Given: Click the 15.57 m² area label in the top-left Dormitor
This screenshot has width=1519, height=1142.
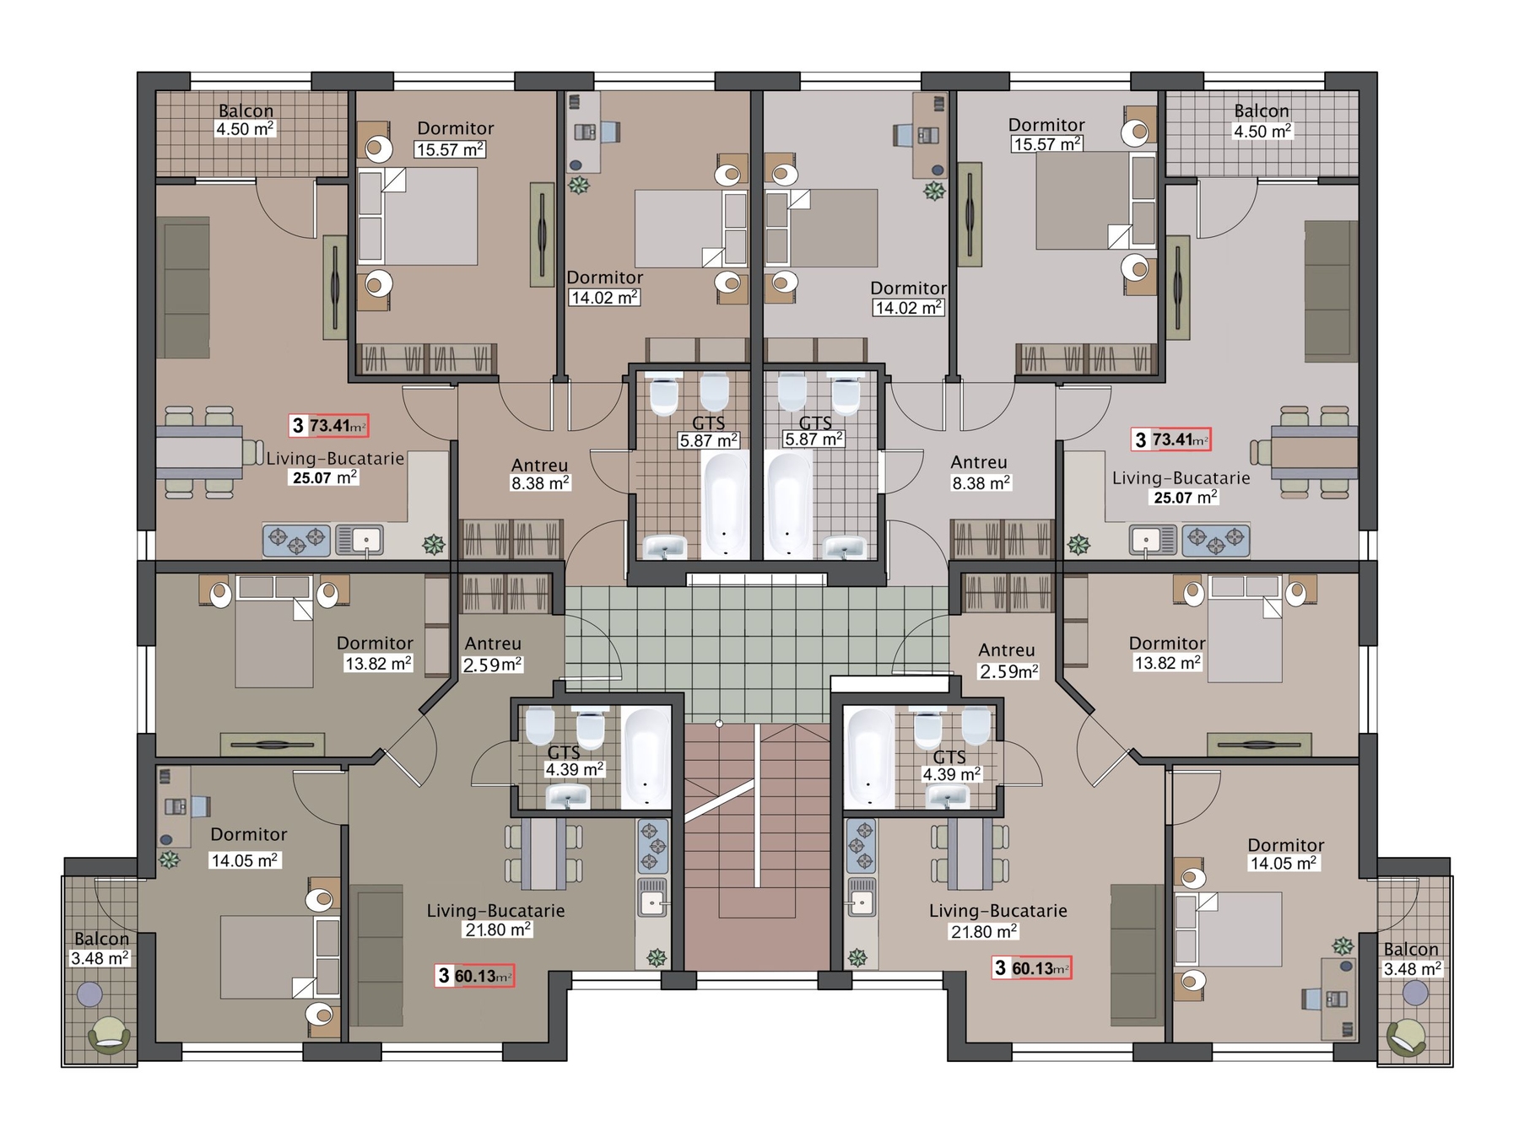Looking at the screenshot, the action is tap(450, 149).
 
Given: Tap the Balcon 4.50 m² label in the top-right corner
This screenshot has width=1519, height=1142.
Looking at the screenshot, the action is tap(1262, 121).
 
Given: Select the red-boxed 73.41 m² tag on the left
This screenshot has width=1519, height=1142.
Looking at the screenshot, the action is tap(328, 425).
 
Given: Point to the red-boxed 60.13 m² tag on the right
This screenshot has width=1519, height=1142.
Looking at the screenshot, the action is tap(1031, 967).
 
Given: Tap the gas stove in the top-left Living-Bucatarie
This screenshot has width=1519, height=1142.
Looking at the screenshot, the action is tap(296, 540).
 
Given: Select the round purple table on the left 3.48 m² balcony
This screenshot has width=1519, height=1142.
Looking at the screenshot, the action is tap(89, 994).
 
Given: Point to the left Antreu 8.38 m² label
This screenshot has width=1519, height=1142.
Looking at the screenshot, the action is tap(540, 474).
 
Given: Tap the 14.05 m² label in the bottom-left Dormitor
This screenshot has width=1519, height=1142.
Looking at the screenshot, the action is tap(245, 860).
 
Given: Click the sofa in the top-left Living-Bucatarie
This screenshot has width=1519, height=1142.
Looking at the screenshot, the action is tap(183, 288).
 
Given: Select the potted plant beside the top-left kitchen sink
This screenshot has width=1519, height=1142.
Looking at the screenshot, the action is tap(434, 544).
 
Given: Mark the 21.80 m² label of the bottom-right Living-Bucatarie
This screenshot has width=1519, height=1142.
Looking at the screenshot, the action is tap(983, 931).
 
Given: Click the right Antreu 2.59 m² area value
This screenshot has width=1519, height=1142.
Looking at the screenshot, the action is tap(1008, 671).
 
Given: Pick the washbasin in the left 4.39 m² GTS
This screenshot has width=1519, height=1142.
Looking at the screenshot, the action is tap(567, 795).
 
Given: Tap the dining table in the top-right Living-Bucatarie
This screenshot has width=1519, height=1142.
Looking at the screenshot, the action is tap(1314, 452).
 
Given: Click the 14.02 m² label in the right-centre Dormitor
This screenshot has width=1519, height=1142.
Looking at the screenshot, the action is tap(908, 308).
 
